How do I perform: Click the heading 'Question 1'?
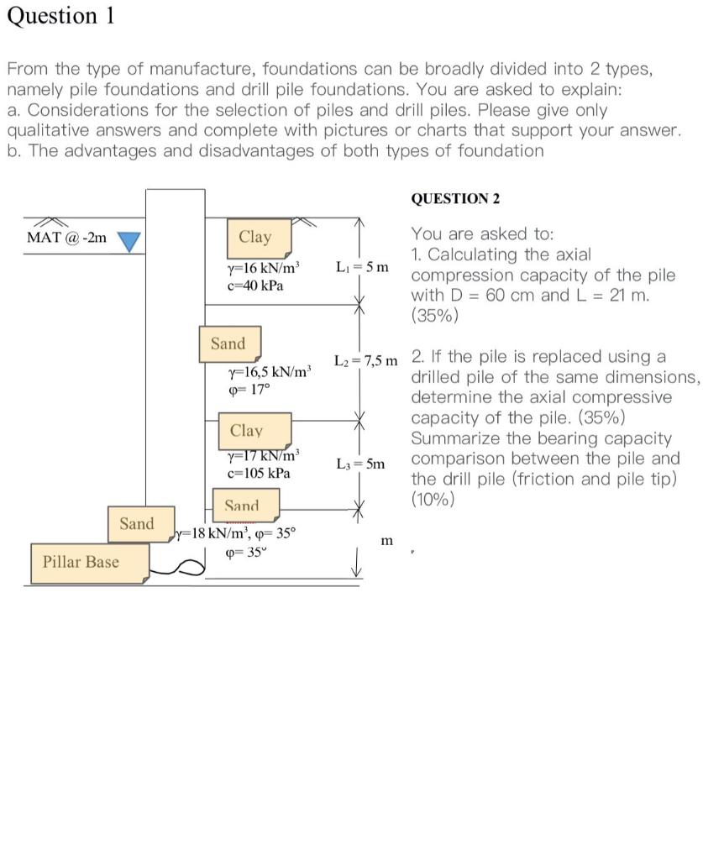point(60,16)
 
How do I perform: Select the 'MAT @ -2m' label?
point(67,237)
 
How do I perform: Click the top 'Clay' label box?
point(255,238)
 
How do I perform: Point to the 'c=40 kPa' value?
point(255,286)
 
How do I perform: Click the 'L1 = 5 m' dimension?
point(362,268)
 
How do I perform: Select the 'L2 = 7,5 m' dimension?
point(365,360)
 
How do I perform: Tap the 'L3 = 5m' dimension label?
point(360,464)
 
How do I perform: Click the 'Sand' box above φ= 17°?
point(228,343)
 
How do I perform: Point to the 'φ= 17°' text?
point(249,390)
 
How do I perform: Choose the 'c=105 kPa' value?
point(259,473)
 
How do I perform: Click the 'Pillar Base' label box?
point(81,562)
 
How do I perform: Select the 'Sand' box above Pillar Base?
point(137,524)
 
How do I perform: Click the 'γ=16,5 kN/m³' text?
point(270,371)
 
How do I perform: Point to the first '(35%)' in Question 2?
point(434,316)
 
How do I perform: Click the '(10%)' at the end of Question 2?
point(433,500)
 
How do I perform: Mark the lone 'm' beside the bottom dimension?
point(386,541)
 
